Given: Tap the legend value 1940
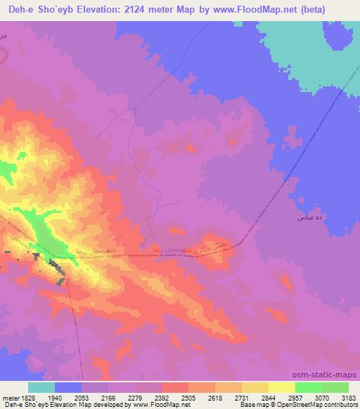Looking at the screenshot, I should [54, 396].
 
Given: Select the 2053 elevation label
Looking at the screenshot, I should [81, 396].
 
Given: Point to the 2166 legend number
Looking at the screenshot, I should [108, 396].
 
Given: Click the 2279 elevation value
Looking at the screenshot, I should [134, 396].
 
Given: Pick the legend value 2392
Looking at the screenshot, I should [161, 396].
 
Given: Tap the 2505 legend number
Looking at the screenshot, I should [188, 396].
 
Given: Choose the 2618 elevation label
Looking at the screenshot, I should [214, 396].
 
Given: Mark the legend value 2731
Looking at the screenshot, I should [241, 396].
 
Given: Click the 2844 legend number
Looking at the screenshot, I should [268, 396].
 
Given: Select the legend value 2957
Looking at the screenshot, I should [295, 396].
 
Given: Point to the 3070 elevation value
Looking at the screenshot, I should [321, 396].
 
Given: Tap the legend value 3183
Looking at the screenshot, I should [347, 396].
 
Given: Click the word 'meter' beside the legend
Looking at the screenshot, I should [10, 396].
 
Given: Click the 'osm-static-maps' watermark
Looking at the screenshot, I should [330, 375].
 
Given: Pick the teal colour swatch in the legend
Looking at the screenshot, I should [41, 387].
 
